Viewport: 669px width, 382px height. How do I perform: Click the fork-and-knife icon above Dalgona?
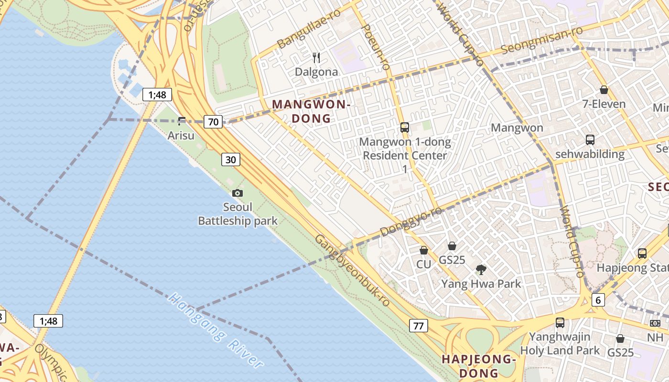pyautogui.click(x=316, y=58)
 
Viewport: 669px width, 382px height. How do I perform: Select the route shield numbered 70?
pyautogui.click(x=213, y=122)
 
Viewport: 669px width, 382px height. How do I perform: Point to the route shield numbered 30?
pyautogui.click(x=230, y=159)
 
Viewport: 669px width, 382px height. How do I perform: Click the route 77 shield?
pyautogui.click(x=418, y=326)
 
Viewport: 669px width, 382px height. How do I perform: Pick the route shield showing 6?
pyautogui.click(x=598, y=300)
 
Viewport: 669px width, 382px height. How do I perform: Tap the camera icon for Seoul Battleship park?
pyautogui.click(x=237, y=193)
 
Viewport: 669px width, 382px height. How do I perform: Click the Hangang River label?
pyautogui.click(x=216, y=331)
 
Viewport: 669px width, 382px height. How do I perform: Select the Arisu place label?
pyautogui.click(x=181, y=136)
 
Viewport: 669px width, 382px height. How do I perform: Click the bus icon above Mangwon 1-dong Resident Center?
pyautogui.click(x=404, y=127)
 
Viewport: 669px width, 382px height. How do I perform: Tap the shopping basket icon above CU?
pyautogui.click(x=423, y=250)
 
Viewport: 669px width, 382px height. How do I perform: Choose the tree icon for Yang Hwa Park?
pyautogui.click(x=481, y=270)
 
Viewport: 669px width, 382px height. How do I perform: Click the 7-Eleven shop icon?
pyautogui.click(x=604, y=90)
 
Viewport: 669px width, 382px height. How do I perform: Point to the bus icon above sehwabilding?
pyautogui.click(x=590, y=140)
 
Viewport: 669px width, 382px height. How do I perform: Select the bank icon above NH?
pyautogui.click(x=655, y=323)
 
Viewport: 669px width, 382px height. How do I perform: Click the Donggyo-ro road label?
pyautogui.click(x=411, y=221)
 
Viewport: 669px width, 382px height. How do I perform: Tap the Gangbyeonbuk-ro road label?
pyautogui.click(x=352, y=270)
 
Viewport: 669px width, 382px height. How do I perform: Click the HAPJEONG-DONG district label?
pyautogui.click(x=479, y=366)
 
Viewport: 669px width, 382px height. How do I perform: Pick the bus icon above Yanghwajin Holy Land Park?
pyautogui.click(x=560, y=323)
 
